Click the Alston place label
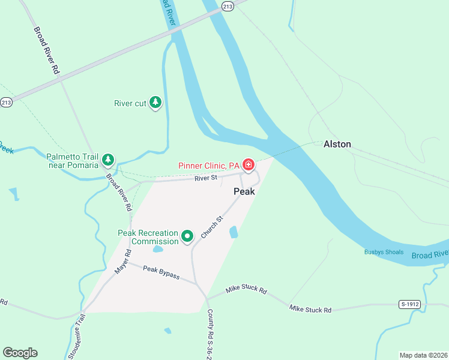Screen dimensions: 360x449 point(337,144)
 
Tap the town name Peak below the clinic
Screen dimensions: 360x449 point(244,191)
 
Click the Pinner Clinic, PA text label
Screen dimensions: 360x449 point(209,166)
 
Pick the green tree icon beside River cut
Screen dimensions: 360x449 point(155,103)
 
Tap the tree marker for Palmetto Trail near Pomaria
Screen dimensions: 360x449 point(108,160)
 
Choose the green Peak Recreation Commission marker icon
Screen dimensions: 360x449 point(187,237)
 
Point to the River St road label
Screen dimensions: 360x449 point(205,178)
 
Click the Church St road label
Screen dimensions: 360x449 point(212,227)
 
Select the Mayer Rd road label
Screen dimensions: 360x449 point(122,263)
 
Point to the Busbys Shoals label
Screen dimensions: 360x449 point(384,252)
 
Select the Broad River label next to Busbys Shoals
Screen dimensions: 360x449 point(429,254)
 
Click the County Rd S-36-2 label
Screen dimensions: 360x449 point(210,334)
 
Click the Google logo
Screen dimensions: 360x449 point(20,353)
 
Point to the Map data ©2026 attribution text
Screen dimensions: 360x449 point(423,355)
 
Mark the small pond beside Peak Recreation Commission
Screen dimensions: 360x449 point(158,248)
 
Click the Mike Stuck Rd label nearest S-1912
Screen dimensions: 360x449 point(310,310)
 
